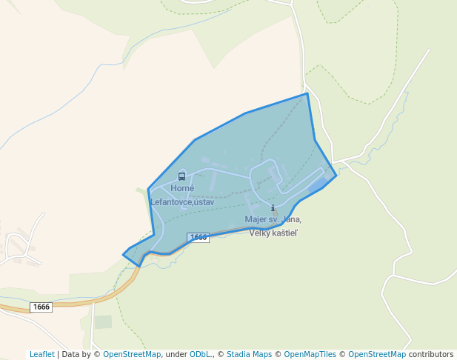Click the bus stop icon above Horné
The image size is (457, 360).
[x=182, y=176]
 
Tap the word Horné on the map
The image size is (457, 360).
[x=182, y=188]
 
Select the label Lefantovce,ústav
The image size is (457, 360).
[x=182, y=201]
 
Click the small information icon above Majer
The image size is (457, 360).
[x=273, y=208]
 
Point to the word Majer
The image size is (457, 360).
[x=256, y=219]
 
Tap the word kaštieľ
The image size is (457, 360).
[x=282, y=233]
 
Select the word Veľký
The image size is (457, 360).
[x=258, y=233]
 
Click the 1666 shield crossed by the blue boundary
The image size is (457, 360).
[x=198, y=238]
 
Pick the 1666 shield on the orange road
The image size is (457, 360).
[x=41, y=307]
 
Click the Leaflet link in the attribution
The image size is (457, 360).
[x=42, y=354]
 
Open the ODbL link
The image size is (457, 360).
[x=199, y=354]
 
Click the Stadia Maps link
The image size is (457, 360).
[x=249, y=354]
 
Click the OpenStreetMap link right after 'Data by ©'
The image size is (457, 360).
[x=131, y=354]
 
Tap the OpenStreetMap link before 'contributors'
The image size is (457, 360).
[x=376, y=354]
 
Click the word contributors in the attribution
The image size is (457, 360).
[x=431, y=354]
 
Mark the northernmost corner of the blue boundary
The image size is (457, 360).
[x=307, y=93]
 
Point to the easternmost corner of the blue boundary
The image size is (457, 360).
[x=336, y=176]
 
